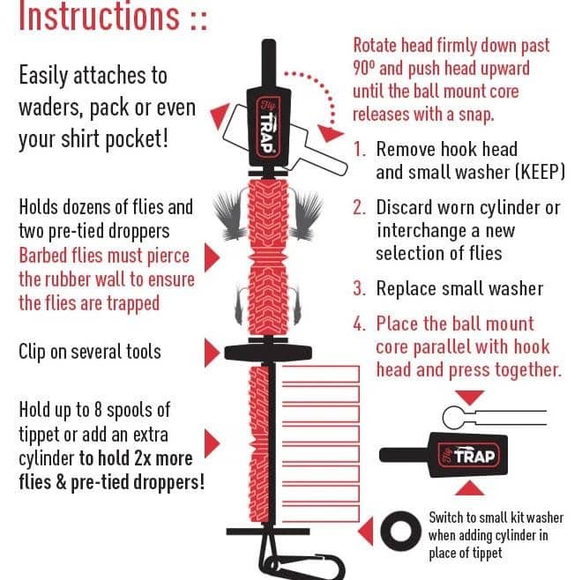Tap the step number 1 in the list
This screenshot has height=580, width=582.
click(x=360, y=150)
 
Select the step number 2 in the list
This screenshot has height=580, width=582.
click(x=360, y=209)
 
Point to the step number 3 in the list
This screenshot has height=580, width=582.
click(x=360, y=287)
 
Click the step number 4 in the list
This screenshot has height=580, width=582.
click(x=360, y=323)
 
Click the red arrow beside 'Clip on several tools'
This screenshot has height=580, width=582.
click(x=212, y=353)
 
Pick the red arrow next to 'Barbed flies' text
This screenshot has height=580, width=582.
click(x=212, y=257)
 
